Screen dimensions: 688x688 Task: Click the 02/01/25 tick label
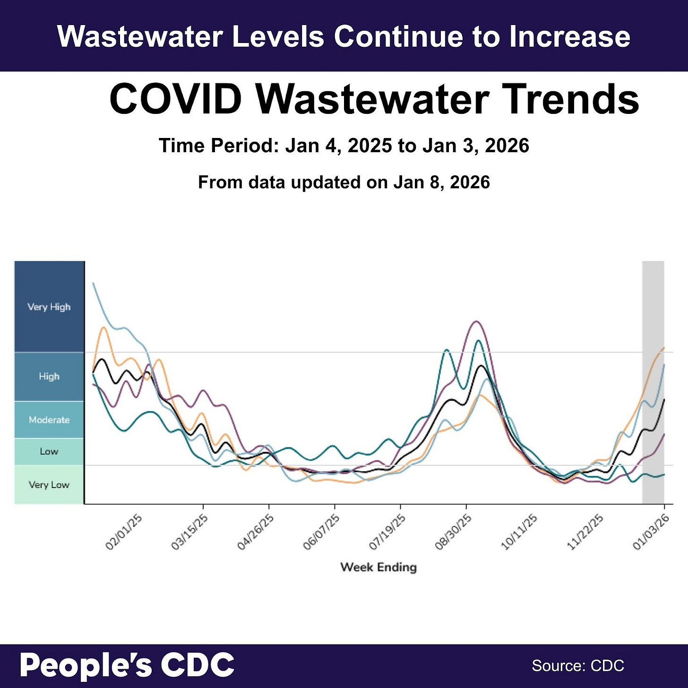pos(123,533)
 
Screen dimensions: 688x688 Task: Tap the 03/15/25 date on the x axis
pos(189,533)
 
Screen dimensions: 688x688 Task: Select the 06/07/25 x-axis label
pos(321,533)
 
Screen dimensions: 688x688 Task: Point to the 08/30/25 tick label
pos(453,533)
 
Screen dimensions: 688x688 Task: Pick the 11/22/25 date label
pos(585,533)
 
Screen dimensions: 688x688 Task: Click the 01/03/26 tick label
pos(651,533)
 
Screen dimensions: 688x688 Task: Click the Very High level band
pos(49,307)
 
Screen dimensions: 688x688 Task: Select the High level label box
pos(49,377)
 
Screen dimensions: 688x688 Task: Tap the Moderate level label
pos(49,420)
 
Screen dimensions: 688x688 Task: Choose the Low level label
pos(49,451)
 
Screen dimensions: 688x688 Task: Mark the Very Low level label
pos(49,485)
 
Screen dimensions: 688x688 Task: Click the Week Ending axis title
pos(378,567)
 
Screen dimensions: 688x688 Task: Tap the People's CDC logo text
pos(127,665)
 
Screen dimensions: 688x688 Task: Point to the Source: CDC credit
pos(577,666)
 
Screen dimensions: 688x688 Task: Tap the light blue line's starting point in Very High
pos(94,284)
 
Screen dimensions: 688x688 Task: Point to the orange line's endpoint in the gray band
pos(664,348)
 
